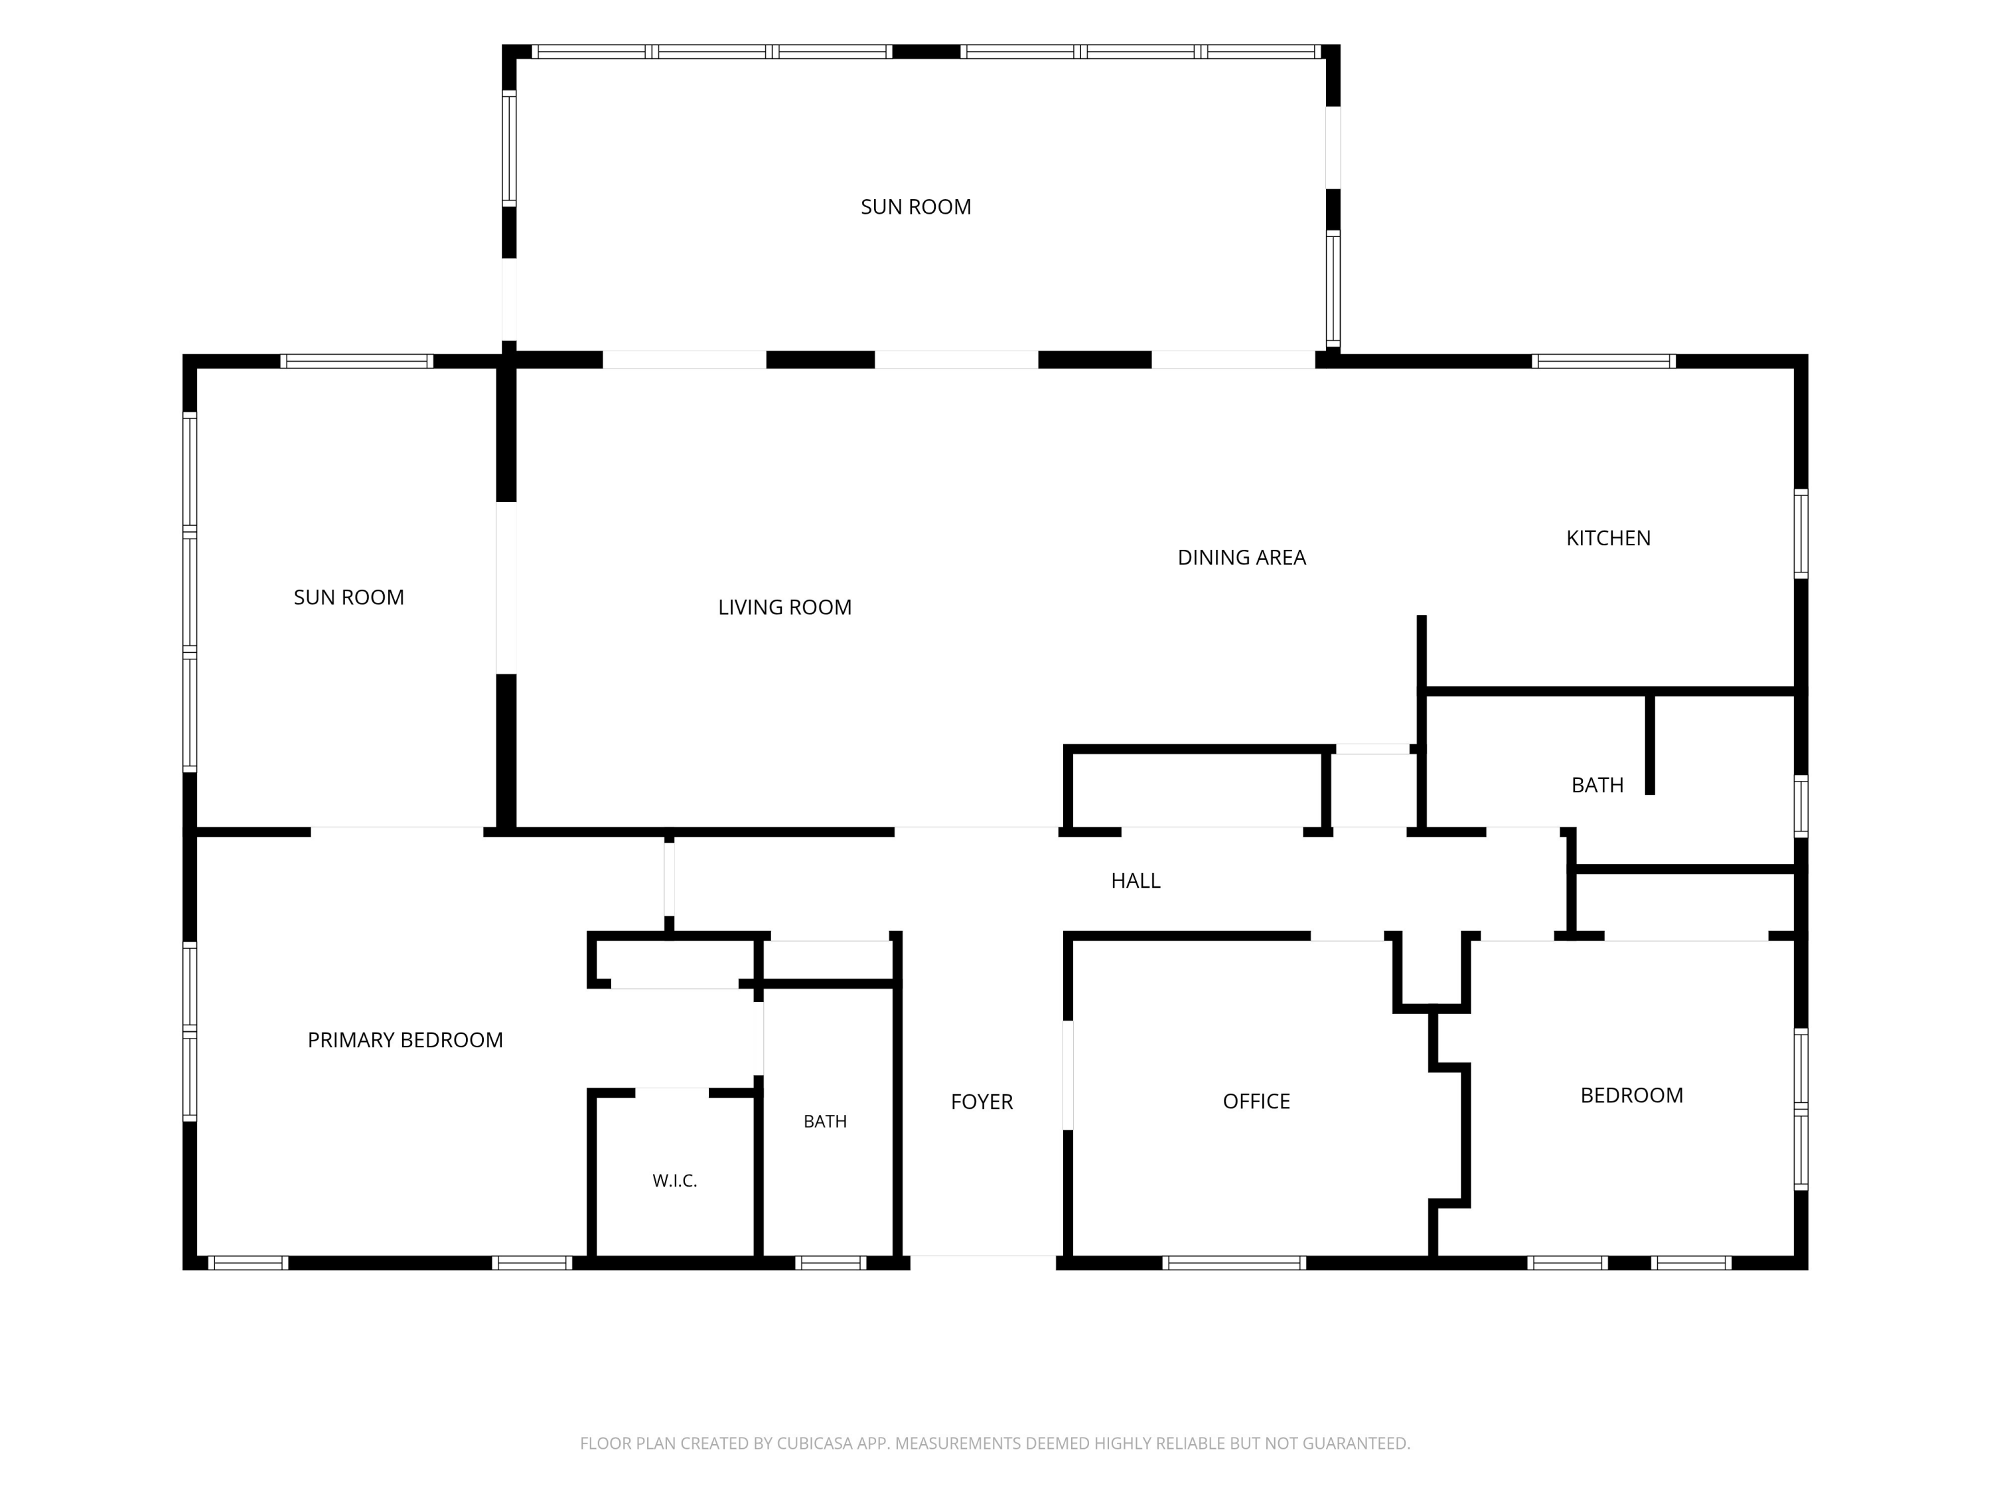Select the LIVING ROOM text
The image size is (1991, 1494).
(x=785, y=608)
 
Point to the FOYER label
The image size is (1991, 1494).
(x=982, y=1102)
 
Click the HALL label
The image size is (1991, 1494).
(x=1136, y=880)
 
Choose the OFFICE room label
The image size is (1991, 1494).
(x=1256, y=1102)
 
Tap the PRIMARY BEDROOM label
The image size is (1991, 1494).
(x=405, y=1040)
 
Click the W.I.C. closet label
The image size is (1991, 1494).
(x=675, y=1181)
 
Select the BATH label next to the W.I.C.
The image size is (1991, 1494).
(x=826, y=1121)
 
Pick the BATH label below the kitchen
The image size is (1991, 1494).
(x=1597, y=786)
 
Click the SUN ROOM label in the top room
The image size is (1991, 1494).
(x=917, y=207)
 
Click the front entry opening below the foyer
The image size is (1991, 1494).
(x=983, y=1262)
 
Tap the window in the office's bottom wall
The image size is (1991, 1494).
(x=1234, y=1262)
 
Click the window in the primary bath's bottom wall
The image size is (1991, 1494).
(x=831, y=1262)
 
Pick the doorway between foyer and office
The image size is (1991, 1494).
(x=1069, y=1074)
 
